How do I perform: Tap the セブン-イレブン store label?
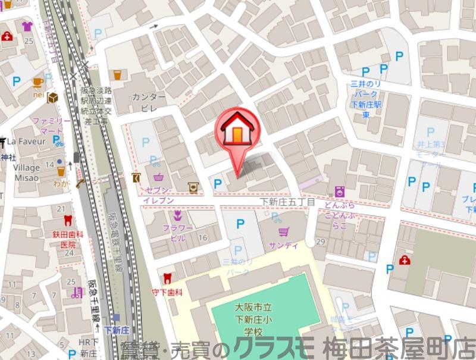(x=158, y=195)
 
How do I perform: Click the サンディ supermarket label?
(x=283, y=245)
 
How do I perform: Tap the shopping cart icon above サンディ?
(x=284, y=231)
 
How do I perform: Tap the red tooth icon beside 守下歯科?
(x=167, y=277)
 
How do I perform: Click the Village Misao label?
(x=27, y=173)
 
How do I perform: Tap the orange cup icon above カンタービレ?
(x=117, y=75)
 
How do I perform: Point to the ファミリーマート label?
(x=52, y=125)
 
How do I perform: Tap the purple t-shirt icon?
(x=27, y=26)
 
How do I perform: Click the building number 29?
(x=321, y=241)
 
